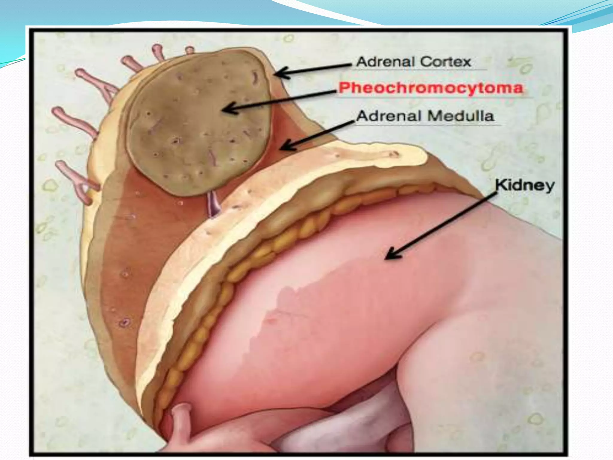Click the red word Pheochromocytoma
click(x=431, y=88)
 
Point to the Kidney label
click(x=525, y=185)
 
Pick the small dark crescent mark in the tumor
click(x=255, y=78)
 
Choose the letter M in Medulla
click(x=434, y=116)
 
